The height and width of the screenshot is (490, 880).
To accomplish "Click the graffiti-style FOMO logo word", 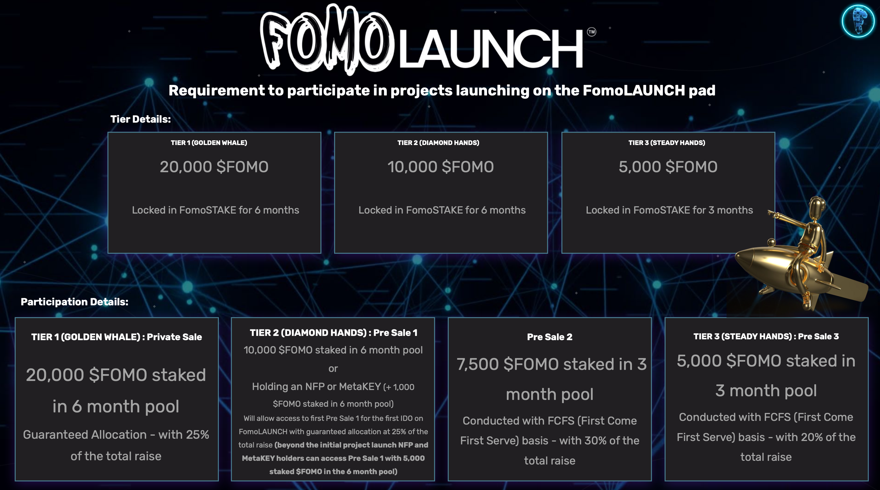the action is (326, 39).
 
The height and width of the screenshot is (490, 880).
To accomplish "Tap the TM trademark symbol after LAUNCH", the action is (591, 32).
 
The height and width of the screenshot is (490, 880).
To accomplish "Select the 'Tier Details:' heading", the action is (140, 119).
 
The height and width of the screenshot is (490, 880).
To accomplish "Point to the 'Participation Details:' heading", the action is (74, 302).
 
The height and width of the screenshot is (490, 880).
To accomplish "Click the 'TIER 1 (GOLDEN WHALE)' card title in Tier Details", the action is (209, 143).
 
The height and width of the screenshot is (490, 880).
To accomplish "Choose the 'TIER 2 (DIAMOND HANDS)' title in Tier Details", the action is (438, 143).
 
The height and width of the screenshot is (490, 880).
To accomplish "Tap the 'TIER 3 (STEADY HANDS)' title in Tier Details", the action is (667, 143).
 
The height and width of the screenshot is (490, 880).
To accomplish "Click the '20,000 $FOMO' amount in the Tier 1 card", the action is (214, 167).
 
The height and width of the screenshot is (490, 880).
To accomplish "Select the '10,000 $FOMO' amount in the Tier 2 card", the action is (441, 167).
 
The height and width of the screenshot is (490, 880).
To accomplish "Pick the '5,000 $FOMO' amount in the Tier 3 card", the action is (668, 167).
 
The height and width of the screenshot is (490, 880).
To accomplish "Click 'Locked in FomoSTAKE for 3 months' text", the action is (669, 210).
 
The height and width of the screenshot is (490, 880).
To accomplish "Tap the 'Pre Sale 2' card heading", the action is (550, 337).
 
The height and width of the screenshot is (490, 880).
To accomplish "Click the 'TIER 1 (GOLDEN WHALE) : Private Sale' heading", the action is (116, 337).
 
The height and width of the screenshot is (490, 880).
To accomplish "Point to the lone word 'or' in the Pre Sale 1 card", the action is (333, 369).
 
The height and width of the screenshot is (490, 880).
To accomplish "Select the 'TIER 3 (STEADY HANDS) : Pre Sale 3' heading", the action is (766, 336).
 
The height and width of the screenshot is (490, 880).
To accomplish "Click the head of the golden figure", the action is (817, 206).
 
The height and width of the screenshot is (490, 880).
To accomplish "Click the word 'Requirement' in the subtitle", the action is (217, 91).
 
